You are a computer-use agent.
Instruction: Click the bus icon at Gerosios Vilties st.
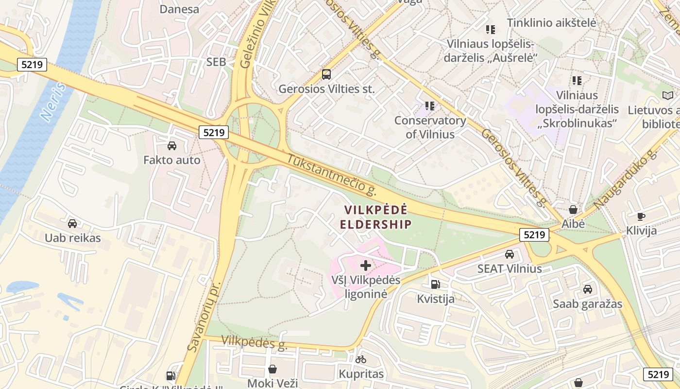[x=326, y=74]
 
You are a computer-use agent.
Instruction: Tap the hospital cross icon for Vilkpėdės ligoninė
[x=366, y=265]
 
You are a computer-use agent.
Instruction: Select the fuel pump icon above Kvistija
[x=436, y=284]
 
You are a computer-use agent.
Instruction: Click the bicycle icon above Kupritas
[x=361, y=360]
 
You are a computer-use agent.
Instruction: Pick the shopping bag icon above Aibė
[x=573, y=210]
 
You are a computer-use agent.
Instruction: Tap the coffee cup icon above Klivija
[x=641, y=216]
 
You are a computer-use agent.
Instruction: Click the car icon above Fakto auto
[x=171, y=145]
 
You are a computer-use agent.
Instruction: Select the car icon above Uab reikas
[x=72, y=224]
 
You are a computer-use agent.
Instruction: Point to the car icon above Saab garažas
[x=587, y=289]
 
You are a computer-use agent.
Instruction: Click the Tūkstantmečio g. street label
[x=332, y=175]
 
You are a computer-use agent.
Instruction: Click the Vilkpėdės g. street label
[x=255, y=342]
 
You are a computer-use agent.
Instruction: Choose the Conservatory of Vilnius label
[x=430, y=127]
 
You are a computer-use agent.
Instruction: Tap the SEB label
[x=216, y=62]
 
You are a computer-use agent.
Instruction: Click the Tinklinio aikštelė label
[x=551, y=22]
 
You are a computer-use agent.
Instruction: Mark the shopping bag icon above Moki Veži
[x=272, y=369]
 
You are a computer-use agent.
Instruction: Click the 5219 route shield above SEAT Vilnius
[x=534, y=235]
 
